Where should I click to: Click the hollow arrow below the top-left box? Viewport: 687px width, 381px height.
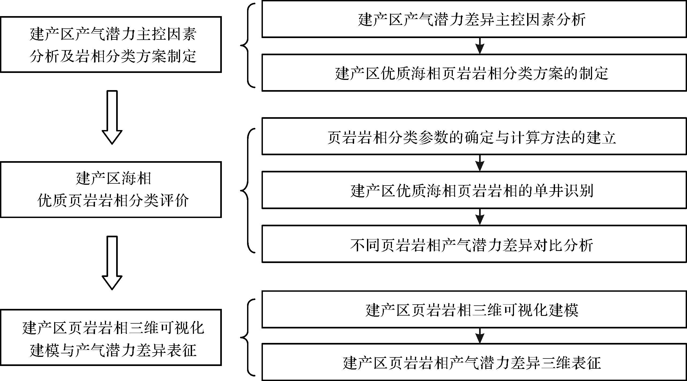112,117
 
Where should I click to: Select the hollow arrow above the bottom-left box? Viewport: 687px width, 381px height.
112,263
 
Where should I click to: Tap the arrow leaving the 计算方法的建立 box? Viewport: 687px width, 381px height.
480,163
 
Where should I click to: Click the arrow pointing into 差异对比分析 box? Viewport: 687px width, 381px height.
480,217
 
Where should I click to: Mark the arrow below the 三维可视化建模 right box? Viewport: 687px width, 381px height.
480,336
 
